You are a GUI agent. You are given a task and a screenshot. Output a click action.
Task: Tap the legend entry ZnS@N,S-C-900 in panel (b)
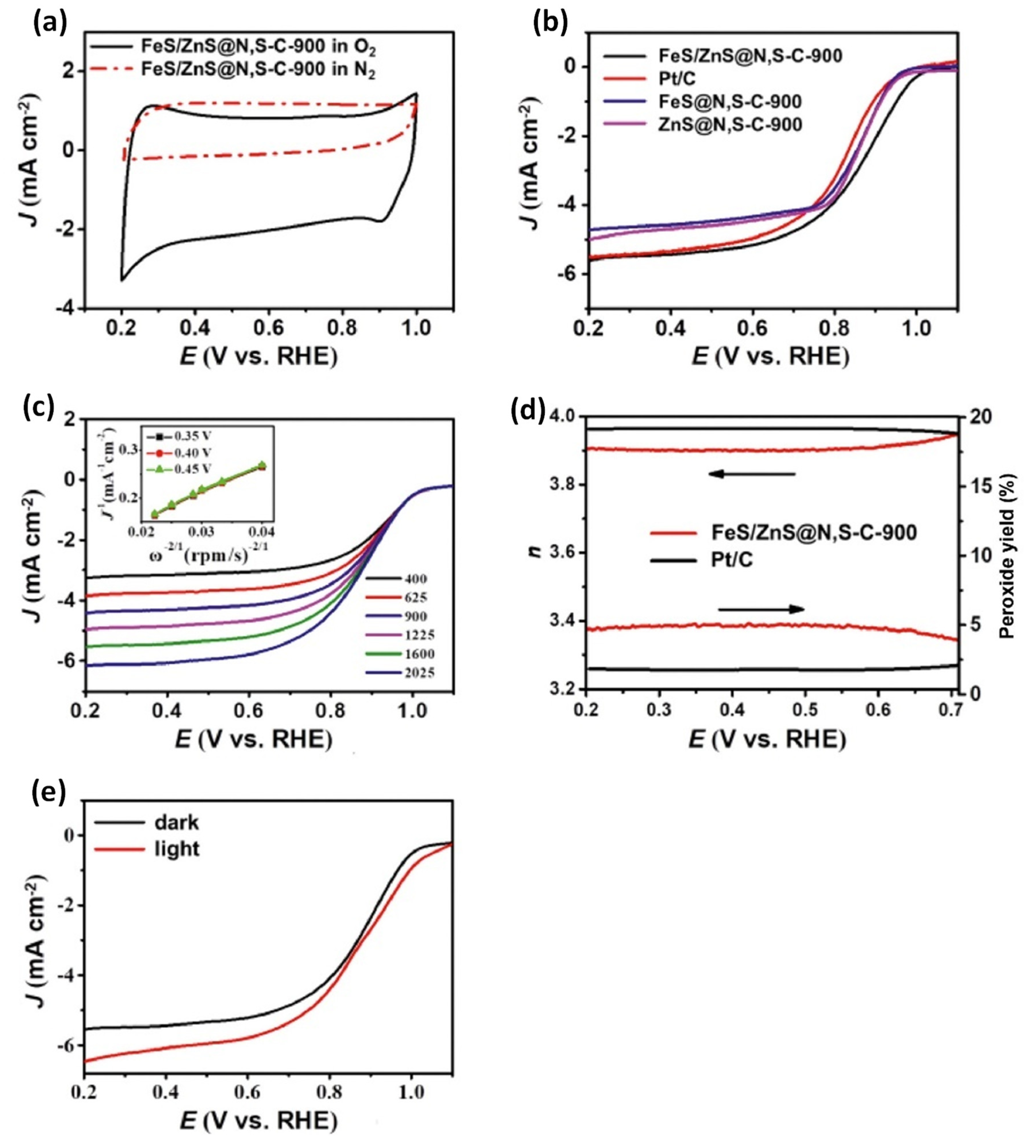730,124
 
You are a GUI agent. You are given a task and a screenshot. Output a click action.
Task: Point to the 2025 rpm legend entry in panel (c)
419,673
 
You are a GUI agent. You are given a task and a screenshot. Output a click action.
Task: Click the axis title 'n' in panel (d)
534,551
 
